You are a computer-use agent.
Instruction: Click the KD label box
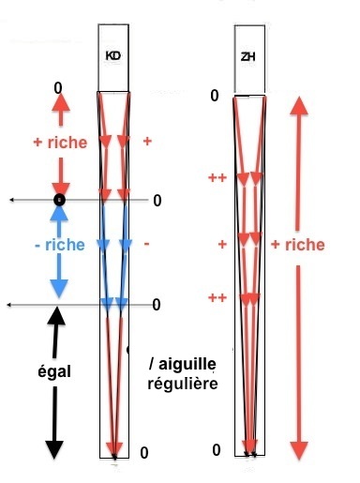113,58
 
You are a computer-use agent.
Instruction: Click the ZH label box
249,59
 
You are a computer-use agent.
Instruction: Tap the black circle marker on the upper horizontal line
59,200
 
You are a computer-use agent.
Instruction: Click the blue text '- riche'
60,245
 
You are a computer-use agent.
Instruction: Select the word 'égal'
54,372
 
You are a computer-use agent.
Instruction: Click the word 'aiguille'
187,364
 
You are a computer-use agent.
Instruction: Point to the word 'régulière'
183,384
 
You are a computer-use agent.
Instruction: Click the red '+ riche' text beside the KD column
60,143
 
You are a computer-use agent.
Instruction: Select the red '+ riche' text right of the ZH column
298,245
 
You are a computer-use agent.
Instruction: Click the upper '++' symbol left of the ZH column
217,178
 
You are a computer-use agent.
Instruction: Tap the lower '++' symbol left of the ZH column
217,297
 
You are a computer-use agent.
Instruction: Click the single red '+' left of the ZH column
222,244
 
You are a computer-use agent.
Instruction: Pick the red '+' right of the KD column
147,142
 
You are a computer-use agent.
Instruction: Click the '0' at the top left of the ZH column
215,96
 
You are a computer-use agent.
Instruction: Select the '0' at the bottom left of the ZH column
217,450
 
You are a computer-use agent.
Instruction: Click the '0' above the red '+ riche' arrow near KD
58,88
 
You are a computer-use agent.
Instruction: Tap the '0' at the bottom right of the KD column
144,453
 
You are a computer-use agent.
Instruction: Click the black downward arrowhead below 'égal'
54,449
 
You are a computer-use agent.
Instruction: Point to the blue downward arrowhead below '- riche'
59,288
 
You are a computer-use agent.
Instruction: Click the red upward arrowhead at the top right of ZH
299,106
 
